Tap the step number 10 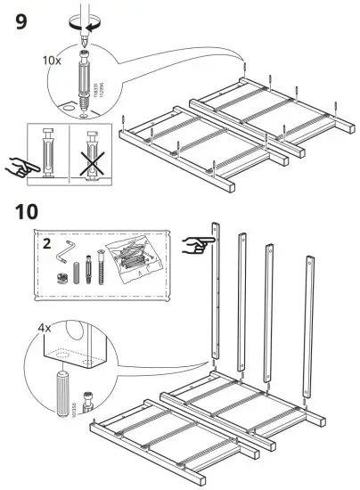pyautogui.click(x=28, y=215)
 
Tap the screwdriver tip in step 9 pyautogui.click(x=86, y=40)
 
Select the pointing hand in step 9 pyautogui.click(x=20, y=165)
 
